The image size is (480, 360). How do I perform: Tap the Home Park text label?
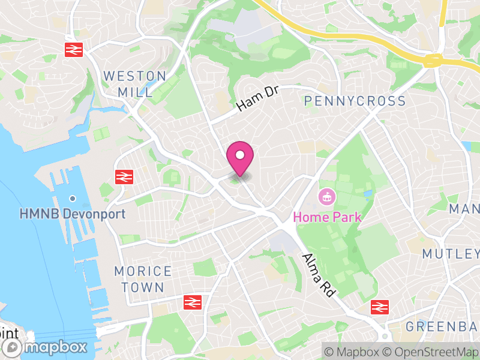(327, 216)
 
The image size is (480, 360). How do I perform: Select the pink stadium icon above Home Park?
(328, 196)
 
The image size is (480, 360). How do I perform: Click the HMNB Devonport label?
(72, 214)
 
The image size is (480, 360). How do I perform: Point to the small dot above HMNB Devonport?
(72, 199)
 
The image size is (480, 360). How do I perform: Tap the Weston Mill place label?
(135, 84)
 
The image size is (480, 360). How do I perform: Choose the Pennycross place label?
(355, 101)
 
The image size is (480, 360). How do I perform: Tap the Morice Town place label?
(143, 279)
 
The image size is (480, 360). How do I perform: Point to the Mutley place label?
(450, 254)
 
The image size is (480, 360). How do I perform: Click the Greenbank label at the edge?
(443, 326)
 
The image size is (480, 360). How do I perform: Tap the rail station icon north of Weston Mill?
(74, 49)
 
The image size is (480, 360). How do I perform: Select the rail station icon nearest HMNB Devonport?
(124, 176)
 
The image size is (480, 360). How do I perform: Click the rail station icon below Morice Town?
(192, 302)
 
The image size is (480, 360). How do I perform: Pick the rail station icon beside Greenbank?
(379, 307)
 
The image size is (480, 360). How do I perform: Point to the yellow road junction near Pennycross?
(431, 60)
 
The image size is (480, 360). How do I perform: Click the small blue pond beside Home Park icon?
(368, 194)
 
